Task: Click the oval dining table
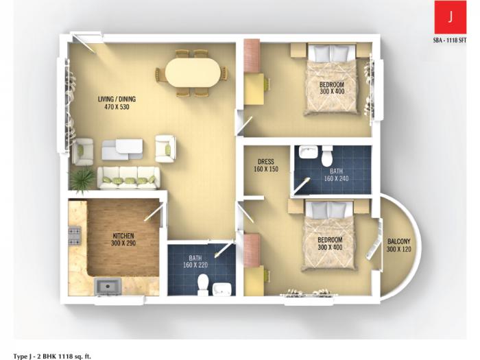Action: click(x=194, y=72)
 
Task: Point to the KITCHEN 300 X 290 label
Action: click(x=124, y=239)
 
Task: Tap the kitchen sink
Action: click(x=106, y=285)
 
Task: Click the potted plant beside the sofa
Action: click(x=82, y=180)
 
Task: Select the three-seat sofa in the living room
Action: click(x=128, y=178)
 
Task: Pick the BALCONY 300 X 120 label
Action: click(x=399, y=245)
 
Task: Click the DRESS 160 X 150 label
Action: click(x=265, y=165)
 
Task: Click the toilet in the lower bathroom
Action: click(x=202, y=283)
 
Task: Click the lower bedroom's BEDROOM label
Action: click(x=330, y=240)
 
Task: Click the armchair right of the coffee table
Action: click(x=165, y=147)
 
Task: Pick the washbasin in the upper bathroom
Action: click(x=307, y=152)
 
